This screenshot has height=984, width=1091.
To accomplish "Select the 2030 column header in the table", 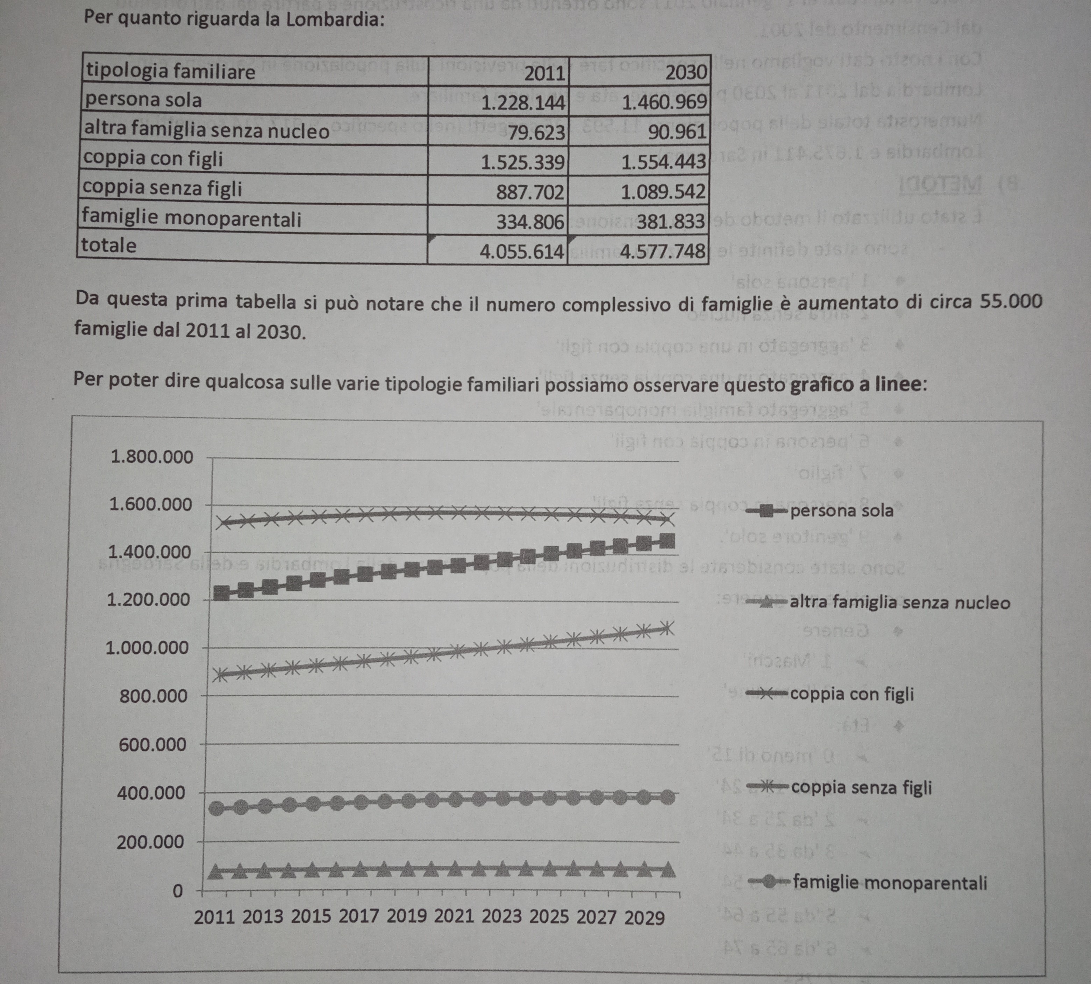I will [x=686, y=72].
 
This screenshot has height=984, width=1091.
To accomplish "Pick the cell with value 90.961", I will [x=677, y=132].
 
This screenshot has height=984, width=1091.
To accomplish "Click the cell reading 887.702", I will [x=529, y=192].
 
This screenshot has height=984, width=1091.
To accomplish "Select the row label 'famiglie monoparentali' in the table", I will [x=192, y=218].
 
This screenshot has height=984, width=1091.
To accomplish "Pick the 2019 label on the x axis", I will [x=407, y=917].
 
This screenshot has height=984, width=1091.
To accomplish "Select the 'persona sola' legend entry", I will [x=841, y=510].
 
